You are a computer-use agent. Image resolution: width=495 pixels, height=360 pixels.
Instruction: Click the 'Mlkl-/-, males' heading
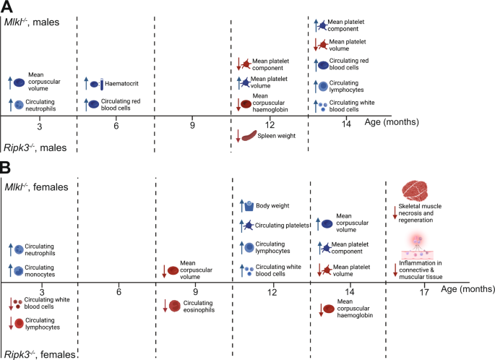coord(38,22)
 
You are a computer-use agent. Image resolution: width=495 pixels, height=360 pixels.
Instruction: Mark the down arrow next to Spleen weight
coord(238,135)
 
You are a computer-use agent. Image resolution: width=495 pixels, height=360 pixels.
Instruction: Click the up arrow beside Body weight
coord(238,207)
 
